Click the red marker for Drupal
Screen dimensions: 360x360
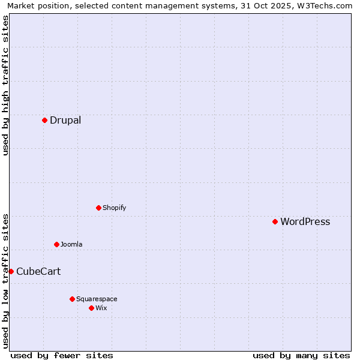pos(44,120)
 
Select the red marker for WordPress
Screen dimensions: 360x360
pos(275,221)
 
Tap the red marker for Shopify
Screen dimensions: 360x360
pos(98,208)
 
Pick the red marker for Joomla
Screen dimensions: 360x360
pos(56,244)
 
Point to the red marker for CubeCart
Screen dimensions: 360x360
pos(11,271)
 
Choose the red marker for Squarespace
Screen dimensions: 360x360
pos(72,299)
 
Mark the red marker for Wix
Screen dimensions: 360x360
pos(91,308)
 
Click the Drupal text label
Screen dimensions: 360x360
pos(65,120)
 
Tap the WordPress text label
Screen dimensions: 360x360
pos(305,221)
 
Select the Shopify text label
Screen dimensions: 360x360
pos(114,208)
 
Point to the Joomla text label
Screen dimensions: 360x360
pos(71,244)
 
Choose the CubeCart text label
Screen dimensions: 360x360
pos(38,271)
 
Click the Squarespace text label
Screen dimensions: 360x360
pos(97,299)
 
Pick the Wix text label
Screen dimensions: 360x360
pos(101,308)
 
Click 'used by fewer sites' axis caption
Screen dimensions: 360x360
pos(62,355)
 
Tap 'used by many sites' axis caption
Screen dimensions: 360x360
pos(301,355)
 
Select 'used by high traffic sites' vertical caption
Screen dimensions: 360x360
pos(5,85)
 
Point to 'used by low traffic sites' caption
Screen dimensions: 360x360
pos(5,280)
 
